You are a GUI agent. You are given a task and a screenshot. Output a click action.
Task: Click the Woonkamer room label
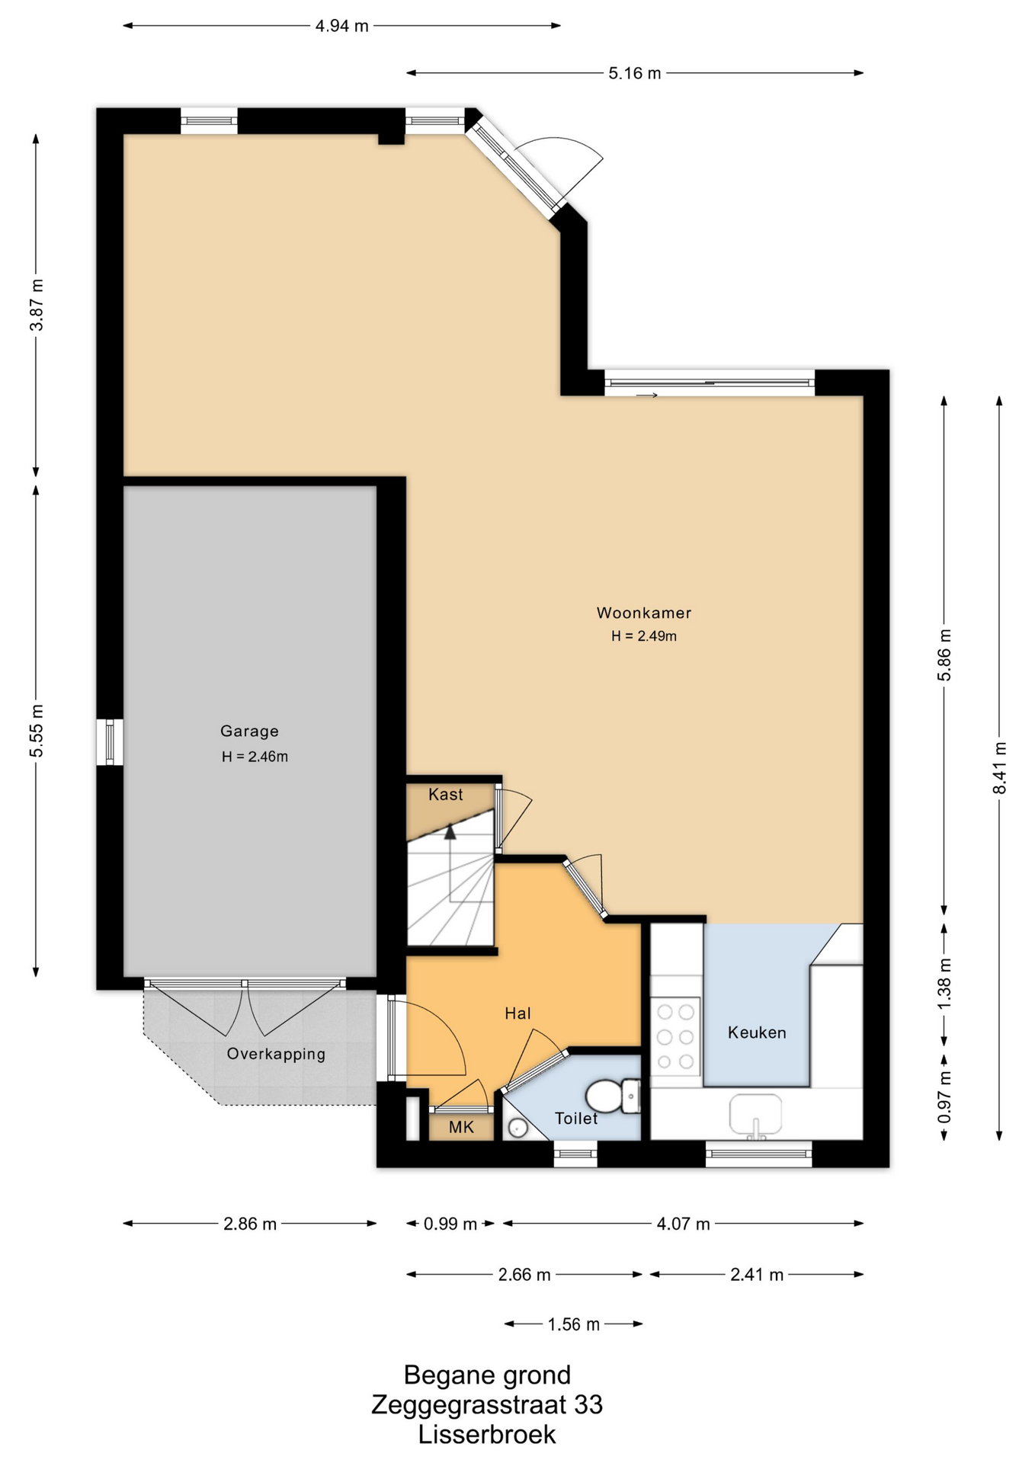pos(643,613)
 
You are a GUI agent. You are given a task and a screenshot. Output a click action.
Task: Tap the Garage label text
pos(249,731)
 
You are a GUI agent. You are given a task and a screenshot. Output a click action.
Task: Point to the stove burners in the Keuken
pos(676,1036)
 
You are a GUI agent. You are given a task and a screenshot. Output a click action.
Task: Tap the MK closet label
pos(461,1127)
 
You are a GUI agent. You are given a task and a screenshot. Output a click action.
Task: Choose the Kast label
pos(446,795)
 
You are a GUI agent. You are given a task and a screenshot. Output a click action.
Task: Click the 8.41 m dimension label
pos(999,767)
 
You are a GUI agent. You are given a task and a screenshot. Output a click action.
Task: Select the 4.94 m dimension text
pos(342,26)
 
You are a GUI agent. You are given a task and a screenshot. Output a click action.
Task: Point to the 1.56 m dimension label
pos(573,1324)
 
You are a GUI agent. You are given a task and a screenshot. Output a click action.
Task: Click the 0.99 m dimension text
pos(450,1224)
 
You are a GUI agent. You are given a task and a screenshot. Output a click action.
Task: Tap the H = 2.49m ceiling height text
pos(644,636)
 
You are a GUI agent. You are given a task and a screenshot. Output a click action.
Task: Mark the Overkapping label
pos(276,1055)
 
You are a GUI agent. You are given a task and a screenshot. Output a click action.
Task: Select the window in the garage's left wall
pos(110,742)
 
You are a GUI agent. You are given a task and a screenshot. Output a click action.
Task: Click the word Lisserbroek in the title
pos(487,1435)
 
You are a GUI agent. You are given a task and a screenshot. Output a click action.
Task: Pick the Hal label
pos(517,1013)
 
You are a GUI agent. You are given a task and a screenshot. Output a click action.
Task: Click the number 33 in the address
pos(588,1404)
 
